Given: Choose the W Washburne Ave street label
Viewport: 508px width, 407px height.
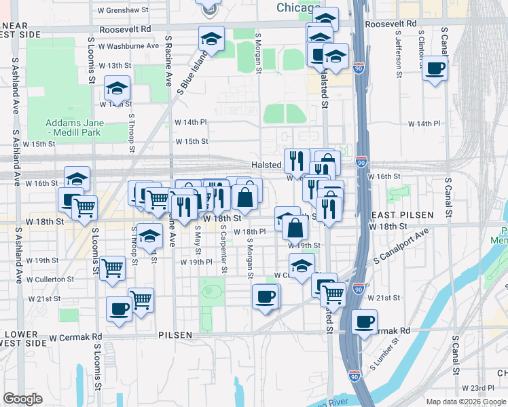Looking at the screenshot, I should click(x=128, y=47).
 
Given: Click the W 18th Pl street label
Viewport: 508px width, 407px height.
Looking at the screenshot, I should click(x=249, y=231).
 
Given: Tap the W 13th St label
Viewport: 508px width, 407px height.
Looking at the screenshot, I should click(x=114, y=66).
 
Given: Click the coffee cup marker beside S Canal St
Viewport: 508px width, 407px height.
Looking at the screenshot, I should click(x=435, y=68).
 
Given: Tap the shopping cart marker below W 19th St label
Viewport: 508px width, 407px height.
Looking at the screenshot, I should click(x=112, y=267).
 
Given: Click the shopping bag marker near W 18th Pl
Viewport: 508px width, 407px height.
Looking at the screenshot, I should click(x=296, y=228).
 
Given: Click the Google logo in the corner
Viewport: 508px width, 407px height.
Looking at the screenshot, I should click(x=23, y=399).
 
